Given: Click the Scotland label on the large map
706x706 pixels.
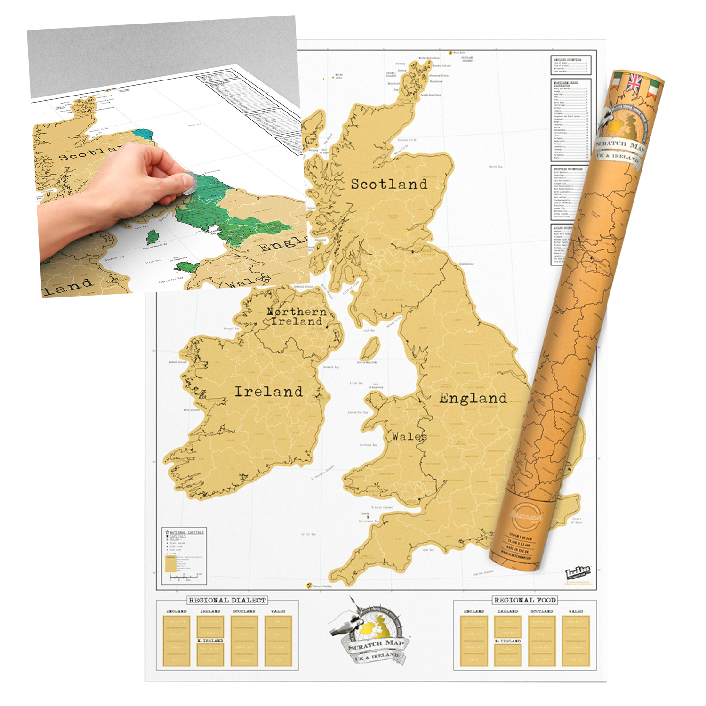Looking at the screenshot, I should tap(389, 184).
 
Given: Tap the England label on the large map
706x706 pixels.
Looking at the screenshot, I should tap(473, 398).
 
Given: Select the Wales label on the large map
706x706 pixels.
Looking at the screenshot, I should tap(409, 437).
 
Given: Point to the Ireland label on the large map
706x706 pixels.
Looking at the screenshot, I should tap(268, 392).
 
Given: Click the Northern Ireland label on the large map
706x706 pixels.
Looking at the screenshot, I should tap(296, 316).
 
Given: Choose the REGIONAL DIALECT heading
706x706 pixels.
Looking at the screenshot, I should tap(227, 600).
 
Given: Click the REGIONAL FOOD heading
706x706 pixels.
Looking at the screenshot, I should tap(525, 600).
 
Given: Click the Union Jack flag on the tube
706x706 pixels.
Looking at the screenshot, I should tap(634, 84).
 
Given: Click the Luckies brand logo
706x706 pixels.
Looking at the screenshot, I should tap(578, 573).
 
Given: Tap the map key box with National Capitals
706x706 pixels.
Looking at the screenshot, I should tap(184, 556).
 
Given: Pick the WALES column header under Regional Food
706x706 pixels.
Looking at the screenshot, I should tap(576, 611).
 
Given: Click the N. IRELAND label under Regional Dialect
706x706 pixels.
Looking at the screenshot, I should tap(210, 641).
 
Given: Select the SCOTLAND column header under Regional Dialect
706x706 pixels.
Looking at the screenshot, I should tap(244, 611).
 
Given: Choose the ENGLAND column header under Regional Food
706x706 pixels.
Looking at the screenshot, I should tap(473, 611).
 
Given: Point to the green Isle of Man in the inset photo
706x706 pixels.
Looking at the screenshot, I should tap(152, 237).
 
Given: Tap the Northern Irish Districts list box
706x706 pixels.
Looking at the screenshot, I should tap(570, 120).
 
